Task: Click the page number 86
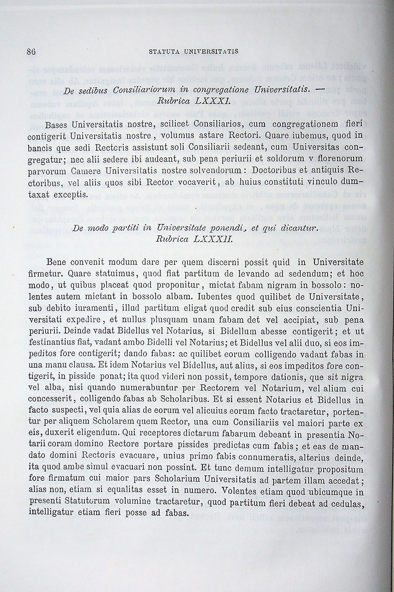(31, 52)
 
